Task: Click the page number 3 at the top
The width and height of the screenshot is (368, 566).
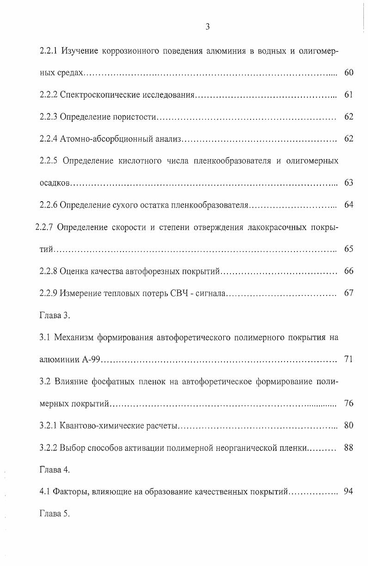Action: coord(208,27)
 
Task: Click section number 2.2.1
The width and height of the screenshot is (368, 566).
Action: coord(49,50)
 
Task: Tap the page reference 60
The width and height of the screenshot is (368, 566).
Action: coord(349,73)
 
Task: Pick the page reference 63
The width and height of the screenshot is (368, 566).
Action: coord(349,183)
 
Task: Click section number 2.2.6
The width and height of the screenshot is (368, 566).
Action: coord(49,205)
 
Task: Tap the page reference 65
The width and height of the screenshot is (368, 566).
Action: coord(349,249)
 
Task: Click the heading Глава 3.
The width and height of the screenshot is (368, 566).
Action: coord(55,315)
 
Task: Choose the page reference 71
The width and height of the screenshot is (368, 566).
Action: coord(349,359)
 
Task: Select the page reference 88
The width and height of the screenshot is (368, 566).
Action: coord(349,448)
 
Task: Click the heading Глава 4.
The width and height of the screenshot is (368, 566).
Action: coord(55,470)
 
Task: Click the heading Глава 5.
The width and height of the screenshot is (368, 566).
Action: coord(55,514)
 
